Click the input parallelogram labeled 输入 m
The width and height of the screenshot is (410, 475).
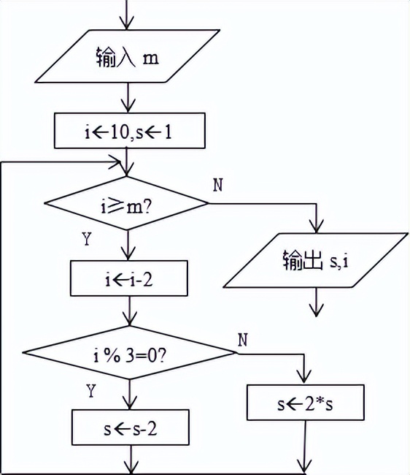pos(128,56)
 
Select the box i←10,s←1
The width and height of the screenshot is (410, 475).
pos(128,132)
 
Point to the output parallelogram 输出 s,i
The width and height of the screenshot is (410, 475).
pos(315,259)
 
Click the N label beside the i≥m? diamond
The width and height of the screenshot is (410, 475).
pos(217,183)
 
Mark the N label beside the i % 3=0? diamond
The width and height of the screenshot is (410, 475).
pos(242,339)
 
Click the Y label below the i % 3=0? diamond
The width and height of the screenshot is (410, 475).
pos(90,392)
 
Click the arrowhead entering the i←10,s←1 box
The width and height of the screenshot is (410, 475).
pos(128,107)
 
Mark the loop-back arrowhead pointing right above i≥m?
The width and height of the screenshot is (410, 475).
pos(117,164)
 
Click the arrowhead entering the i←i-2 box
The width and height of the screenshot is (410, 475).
pos(128,255)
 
